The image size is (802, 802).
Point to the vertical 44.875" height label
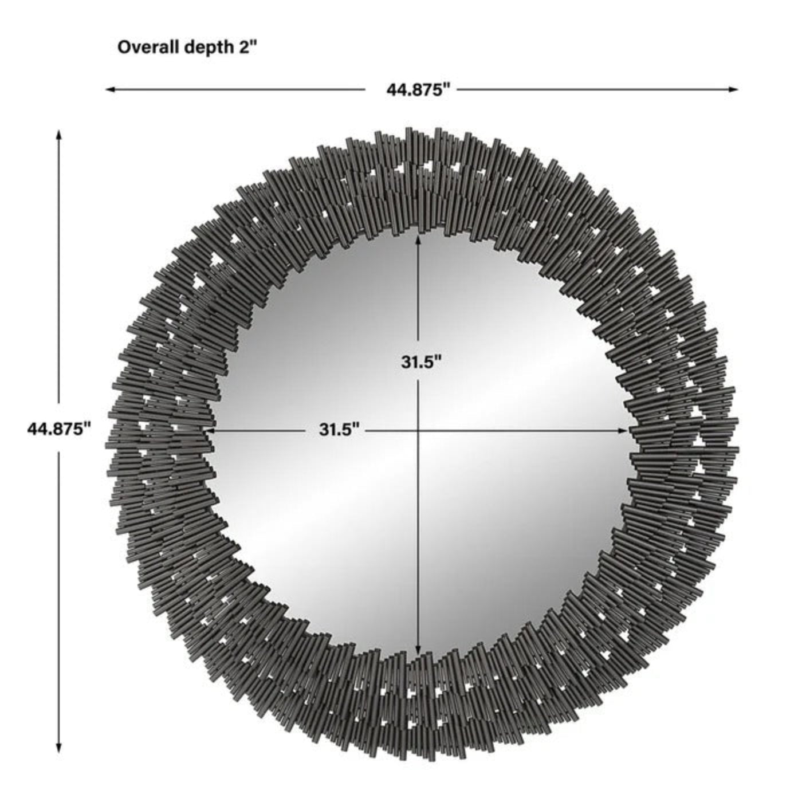coord(60,428)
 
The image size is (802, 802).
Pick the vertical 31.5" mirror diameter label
coord(421,362)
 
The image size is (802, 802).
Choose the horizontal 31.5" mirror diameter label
coord(339,429)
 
